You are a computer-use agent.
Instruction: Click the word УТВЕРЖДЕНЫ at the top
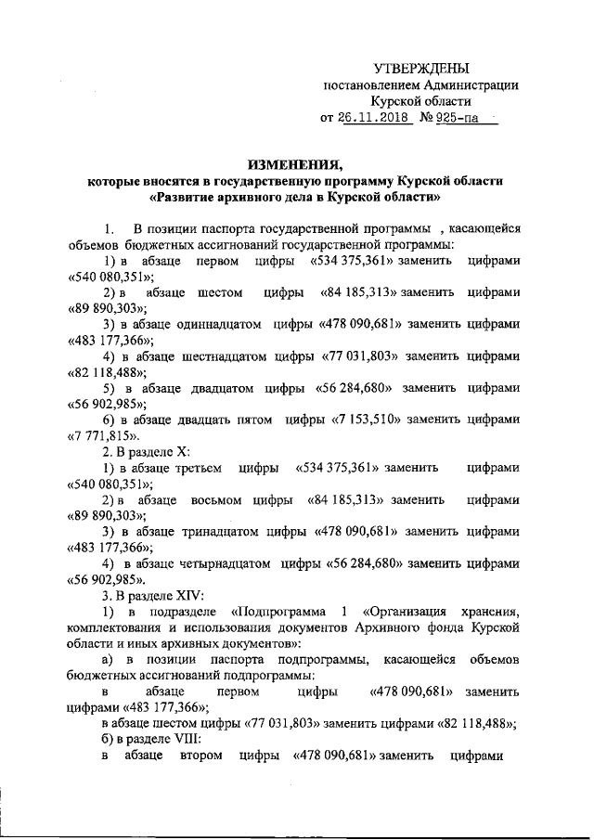coord(420,68)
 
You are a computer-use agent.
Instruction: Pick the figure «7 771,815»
coord(104,435)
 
